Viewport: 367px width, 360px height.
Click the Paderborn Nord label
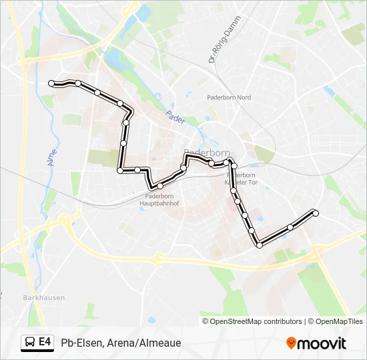[x=229, y=97]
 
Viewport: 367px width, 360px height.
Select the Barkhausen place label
[x=37, y=298]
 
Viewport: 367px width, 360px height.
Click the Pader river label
[x=175, y=117]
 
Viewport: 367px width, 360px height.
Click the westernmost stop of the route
[x=51, y=83]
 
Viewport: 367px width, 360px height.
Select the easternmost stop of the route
[x=316, y=213]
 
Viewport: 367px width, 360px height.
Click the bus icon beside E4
[x=30, y=343]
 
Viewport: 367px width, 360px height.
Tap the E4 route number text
[x=45, y=343]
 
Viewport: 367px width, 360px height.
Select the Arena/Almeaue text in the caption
[x=143, y=343]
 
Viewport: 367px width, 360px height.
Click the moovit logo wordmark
[x=322, y=343]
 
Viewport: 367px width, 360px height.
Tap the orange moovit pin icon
[x=291, y=343]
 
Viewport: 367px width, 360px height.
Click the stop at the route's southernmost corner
[x=259, y=245]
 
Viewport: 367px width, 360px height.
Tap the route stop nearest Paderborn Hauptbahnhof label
[x=160, y=185]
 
